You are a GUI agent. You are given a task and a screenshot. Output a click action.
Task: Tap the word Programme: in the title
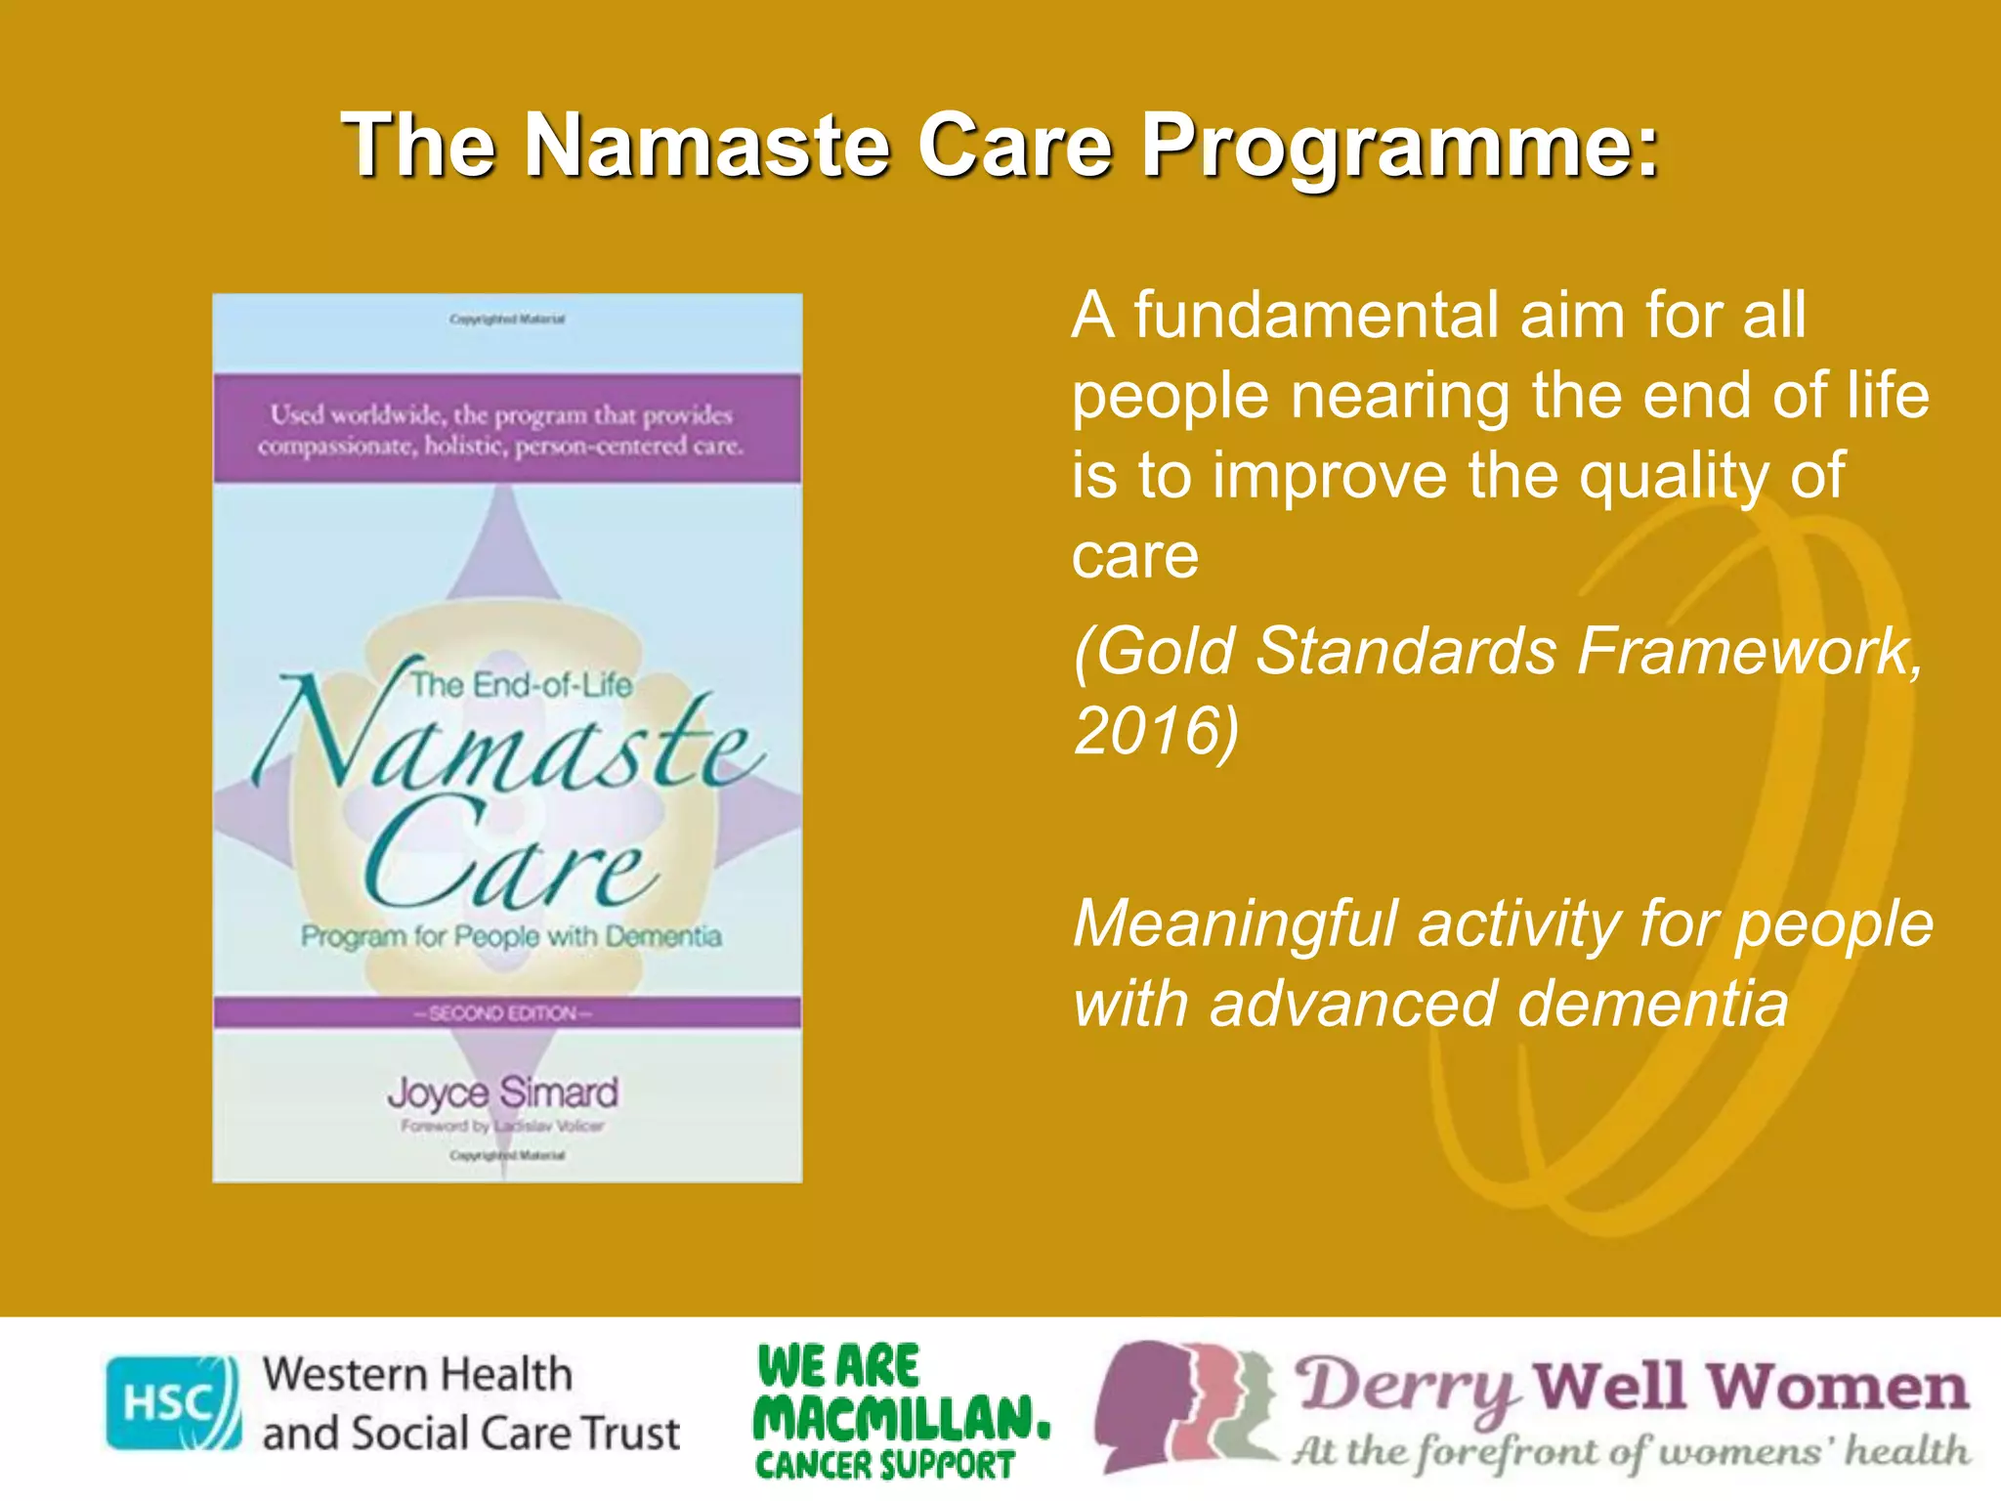click(1399, 147)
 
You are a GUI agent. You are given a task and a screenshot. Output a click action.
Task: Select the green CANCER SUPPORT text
click(885, 1465)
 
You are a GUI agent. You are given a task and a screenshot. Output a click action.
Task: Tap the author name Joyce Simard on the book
click(503, 1093)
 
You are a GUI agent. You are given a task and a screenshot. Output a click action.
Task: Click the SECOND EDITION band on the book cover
click(505, 1012)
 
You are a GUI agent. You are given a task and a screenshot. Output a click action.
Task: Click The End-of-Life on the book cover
click(520, 685)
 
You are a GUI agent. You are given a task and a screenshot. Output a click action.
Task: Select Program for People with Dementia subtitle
click(510, 936)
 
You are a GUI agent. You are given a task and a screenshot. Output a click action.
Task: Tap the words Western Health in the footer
click(417, 1375)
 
